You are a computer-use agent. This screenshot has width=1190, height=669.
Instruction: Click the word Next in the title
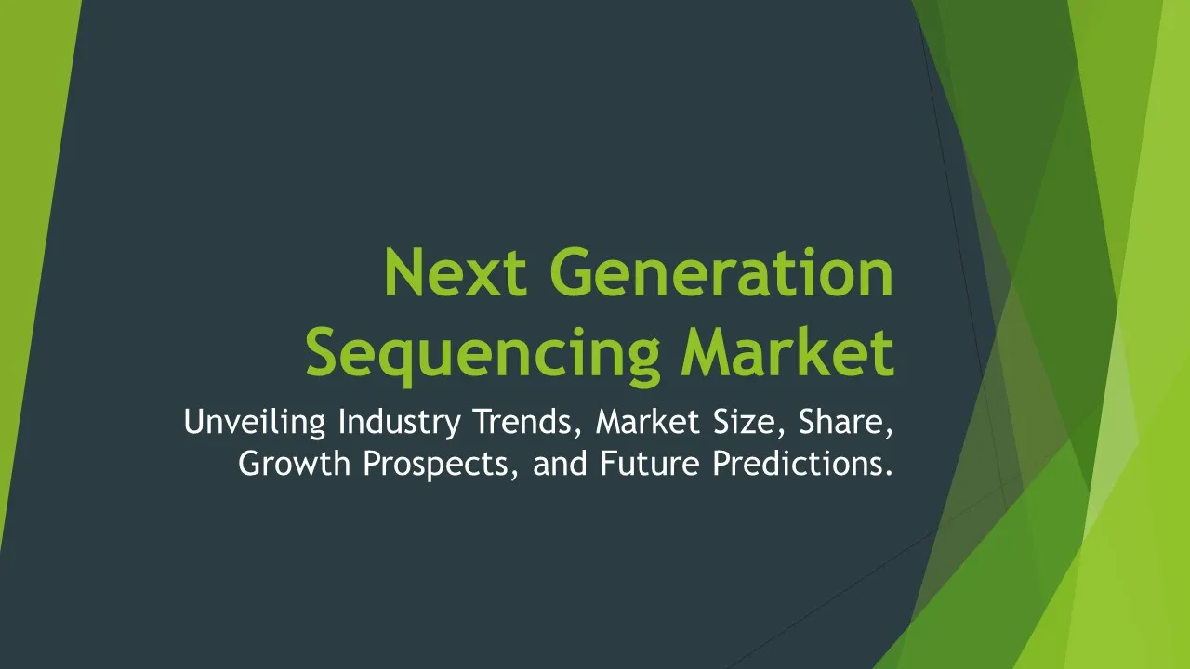456,272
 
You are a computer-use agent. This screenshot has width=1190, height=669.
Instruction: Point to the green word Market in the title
787,351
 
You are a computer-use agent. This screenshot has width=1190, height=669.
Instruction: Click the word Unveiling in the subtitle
255,423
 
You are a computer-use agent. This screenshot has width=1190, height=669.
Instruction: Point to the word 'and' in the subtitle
560,463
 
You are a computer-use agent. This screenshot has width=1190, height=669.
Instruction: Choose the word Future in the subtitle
650,463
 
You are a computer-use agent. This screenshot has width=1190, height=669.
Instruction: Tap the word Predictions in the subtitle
797,463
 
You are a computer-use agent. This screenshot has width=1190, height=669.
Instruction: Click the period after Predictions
889,473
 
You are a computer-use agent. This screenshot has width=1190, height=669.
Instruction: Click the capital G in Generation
572,272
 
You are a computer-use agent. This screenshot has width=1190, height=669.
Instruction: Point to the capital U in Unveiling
194,422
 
